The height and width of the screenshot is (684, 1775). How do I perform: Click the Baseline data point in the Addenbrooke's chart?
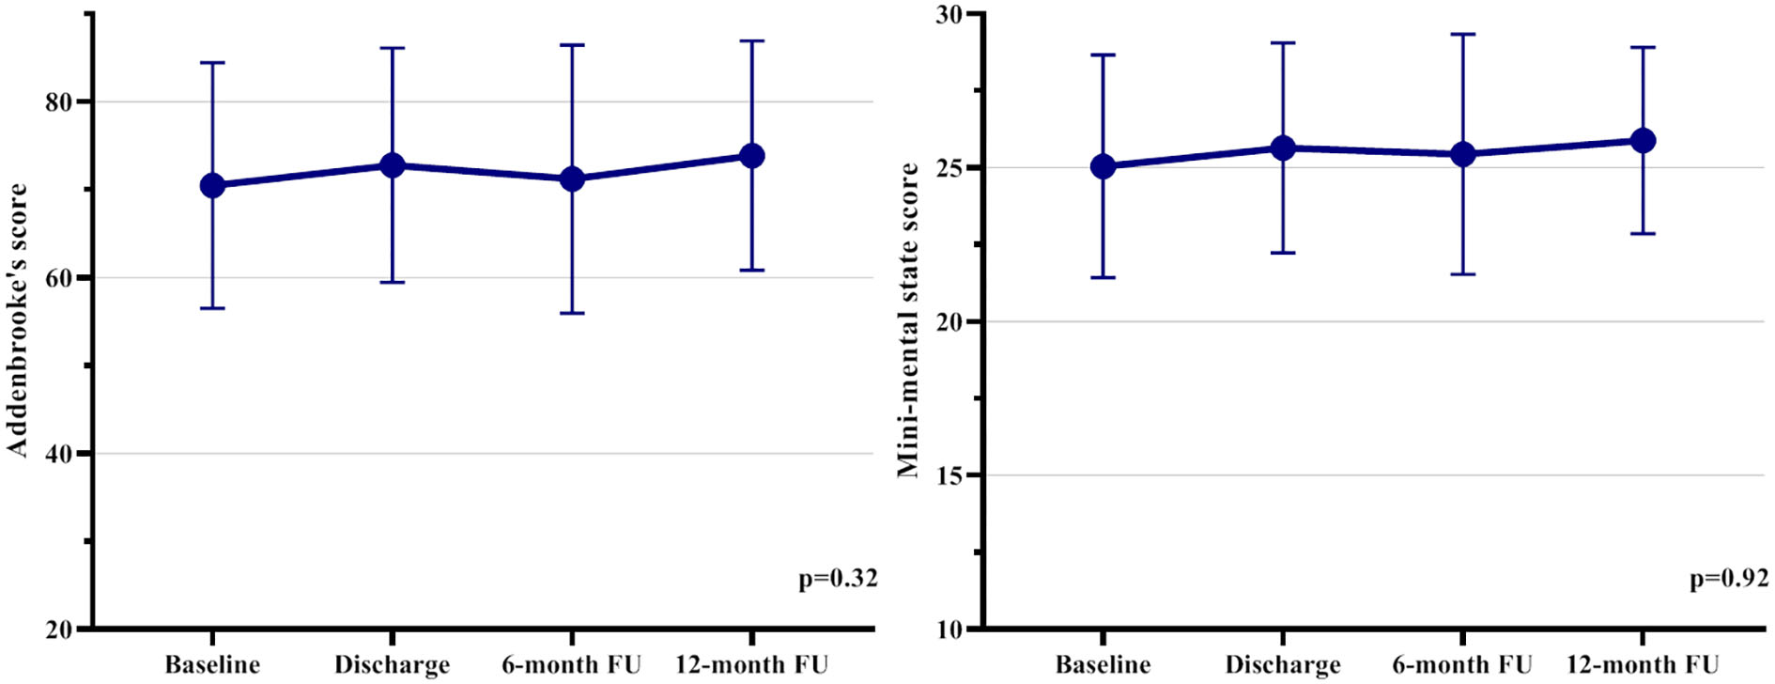point(212,185)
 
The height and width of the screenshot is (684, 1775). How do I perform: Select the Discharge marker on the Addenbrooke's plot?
point(392,165)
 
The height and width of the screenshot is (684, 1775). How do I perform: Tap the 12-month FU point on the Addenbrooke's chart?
point(751,156)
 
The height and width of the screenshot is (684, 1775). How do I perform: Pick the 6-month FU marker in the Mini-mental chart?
point(1462,154)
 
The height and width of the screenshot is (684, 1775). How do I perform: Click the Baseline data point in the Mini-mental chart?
point(1103,167)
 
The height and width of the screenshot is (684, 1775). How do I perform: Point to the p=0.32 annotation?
point(838,579)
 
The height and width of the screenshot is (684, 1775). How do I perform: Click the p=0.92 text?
point(1729,579)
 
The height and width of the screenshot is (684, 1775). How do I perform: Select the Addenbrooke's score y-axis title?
point(19,319)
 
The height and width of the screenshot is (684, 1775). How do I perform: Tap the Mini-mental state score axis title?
point(908,319)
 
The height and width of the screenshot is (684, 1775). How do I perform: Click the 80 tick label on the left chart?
point(59,101)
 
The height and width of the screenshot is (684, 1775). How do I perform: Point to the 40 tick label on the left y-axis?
point(59,454)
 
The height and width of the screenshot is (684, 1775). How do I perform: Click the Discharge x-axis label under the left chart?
point(392,665)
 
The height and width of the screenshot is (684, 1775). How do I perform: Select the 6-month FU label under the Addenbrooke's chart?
point(571,665)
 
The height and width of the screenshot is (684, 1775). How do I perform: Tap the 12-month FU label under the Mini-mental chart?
point(1642,665)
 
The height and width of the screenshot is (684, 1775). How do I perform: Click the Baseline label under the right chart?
point(1103,665)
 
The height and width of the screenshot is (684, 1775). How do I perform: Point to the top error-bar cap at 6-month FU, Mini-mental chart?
point(1462,34)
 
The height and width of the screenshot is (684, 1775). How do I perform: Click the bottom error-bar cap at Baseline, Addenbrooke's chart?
point(212,308)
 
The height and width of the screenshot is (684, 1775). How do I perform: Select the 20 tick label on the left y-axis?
point(59,630)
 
